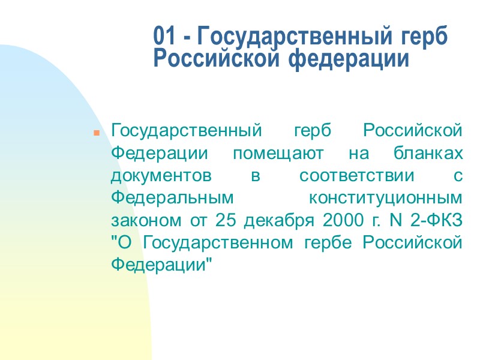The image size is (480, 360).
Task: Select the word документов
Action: pos(161,176)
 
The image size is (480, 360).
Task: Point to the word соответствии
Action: pos(356,176)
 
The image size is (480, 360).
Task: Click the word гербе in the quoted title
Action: pos(329,242)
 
